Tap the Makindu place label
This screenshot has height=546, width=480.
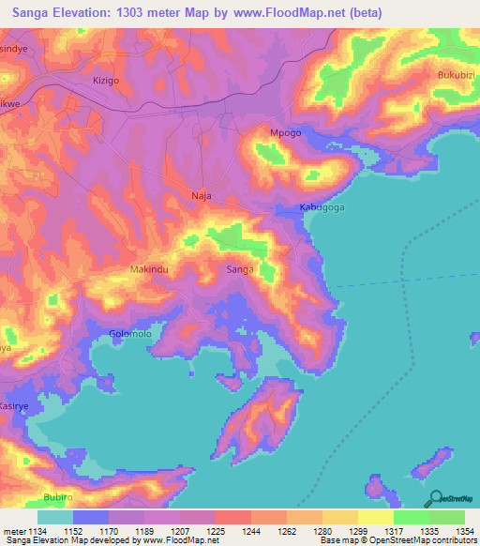click(149, 269)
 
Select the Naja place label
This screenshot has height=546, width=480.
click(202, 196)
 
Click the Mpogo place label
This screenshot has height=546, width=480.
click(285, 133)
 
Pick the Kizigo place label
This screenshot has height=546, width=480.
click(106, 81)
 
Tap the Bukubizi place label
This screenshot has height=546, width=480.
click(458, 74)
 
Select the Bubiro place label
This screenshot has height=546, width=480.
click(58, 496)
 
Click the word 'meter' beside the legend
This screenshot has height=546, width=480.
click(13, 530)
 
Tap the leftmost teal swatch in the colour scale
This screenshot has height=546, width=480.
click(55, 517)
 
